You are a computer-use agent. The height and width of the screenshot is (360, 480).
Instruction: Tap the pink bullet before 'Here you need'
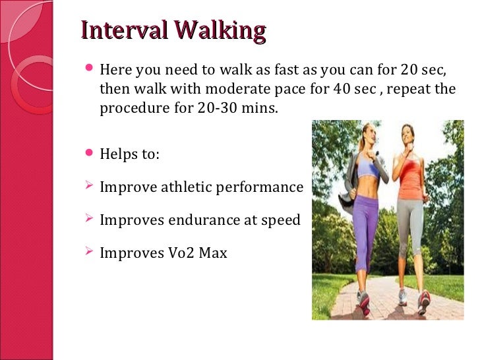click(90, 69)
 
